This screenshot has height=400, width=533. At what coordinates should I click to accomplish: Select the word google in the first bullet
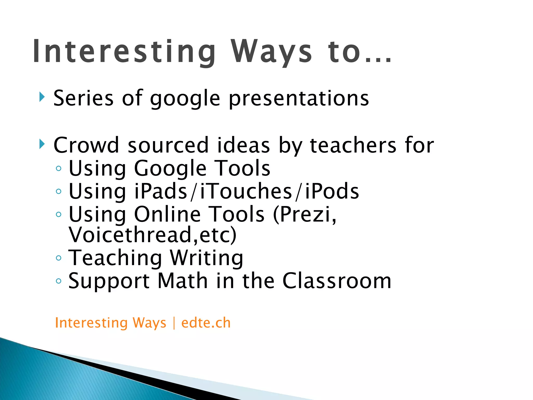pos(185,99)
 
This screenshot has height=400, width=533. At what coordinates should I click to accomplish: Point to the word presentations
pos(299,99)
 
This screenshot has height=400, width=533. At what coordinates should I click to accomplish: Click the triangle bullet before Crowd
pos(42,144)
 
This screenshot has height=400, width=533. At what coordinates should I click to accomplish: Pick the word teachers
pos(353,145)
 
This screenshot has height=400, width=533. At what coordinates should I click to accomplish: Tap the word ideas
pos(243,145)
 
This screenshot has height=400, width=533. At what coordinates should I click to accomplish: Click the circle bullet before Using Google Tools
pos(59,168)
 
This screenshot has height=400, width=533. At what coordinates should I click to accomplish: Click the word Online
pos(167,214)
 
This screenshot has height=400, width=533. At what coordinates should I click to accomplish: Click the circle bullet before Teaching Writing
pos(59,258)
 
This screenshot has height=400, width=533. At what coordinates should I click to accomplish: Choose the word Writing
pos(206,258)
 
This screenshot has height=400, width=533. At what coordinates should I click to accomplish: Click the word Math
pos(182,281)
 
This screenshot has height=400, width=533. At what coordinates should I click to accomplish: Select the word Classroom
pos(337,281)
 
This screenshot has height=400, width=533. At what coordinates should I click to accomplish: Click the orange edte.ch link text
pos(206,323)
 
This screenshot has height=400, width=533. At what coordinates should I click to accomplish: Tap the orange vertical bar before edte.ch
pos(174,323)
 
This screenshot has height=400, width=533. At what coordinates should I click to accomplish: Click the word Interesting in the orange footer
pos(91,323)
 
